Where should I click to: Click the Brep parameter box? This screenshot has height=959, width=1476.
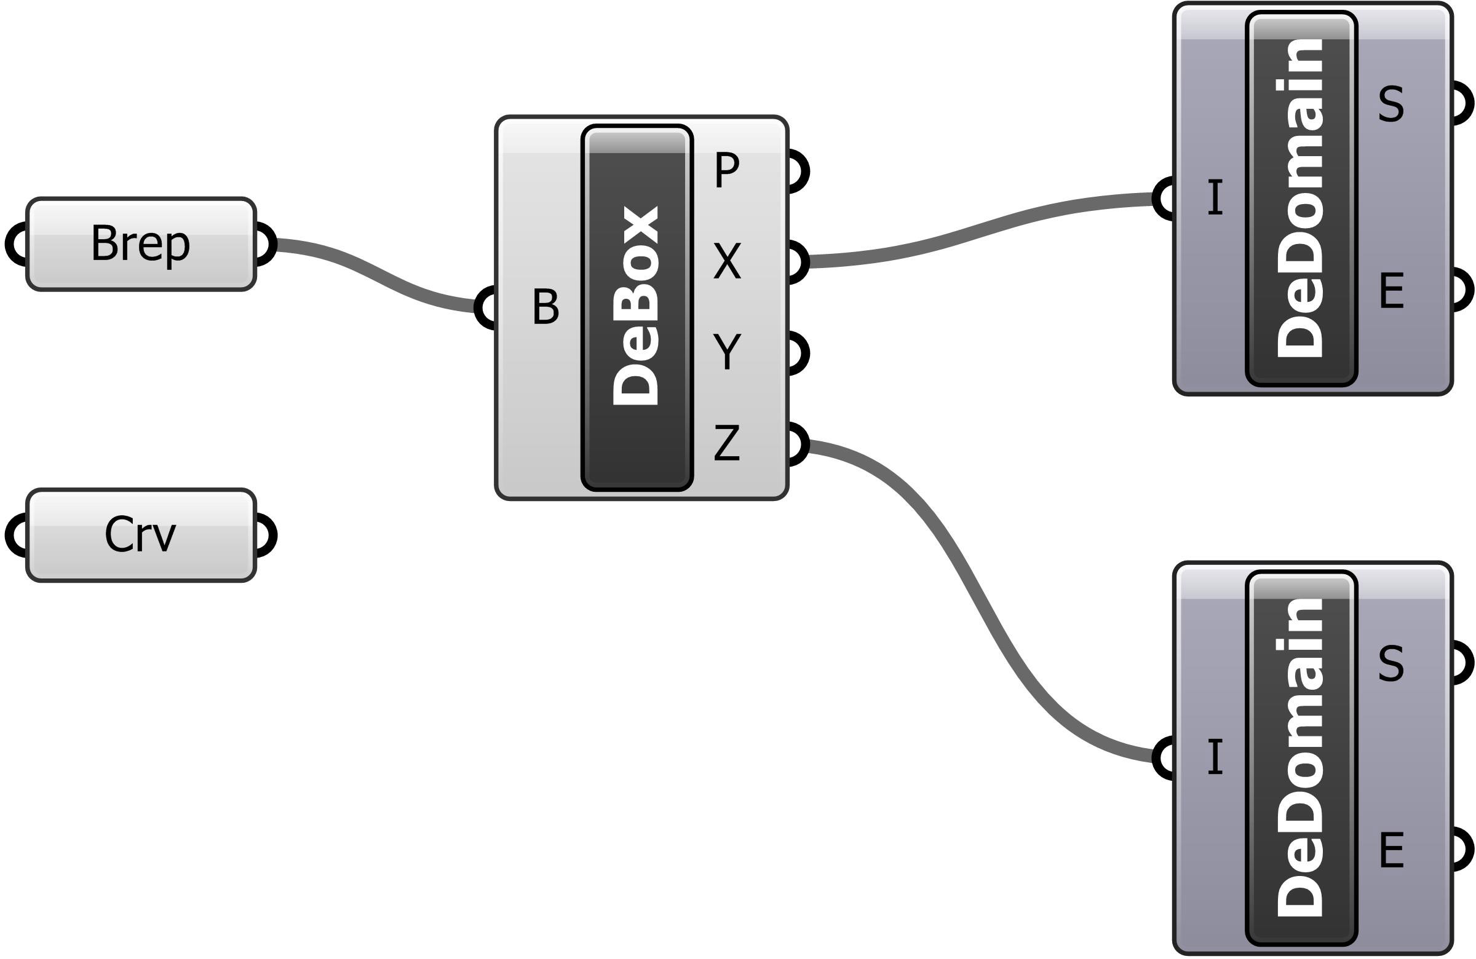point(141,243)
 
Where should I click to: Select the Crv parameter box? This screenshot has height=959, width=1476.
point(141,535)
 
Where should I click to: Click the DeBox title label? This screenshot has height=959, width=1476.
point(637,307)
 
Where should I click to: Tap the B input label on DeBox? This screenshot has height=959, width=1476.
point(545,307)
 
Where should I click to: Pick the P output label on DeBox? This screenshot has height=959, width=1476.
point(727,170)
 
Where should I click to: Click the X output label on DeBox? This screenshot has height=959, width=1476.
point(727,261)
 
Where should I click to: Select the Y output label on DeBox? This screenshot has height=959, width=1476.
point(727,352)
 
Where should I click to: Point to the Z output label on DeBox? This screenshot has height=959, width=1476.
point(727,443)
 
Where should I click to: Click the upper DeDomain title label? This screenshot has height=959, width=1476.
point(1301,199)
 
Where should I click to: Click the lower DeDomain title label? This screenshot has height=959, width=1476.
point(1301,757)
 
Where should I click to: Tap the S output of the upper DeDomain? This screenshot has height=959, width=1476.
point(1391,104)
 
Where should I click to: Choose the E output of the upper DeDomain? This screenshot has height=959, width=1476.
point(1392,291)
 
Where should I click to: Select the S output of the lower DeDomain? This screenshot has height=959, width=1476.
point(1391,663)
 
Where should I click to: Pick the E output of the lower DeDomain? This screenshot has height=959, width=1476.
point(1392,850)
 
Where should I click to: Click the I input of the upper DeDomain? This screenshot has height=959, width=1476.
point(1215,198)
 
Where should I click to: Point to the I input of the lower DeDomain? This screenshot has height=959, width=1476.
point(1215,757)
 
